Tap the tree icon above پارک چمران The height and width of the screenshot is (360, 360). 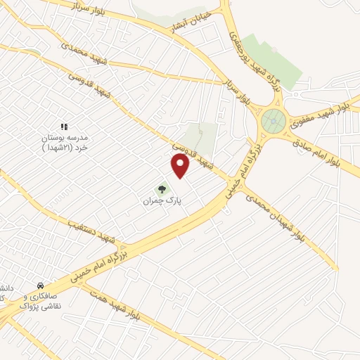coord(162,189)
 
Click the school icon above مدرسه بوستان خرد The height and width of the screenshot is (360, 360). coord(63,127)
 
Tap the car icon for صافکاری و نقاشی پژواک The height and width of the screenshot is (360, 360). coord(40,286)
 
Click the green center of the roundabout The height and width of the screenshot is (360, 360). coord(273,121)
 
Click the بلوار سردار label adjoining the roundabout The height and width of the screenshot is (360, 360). coord(238,91)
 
